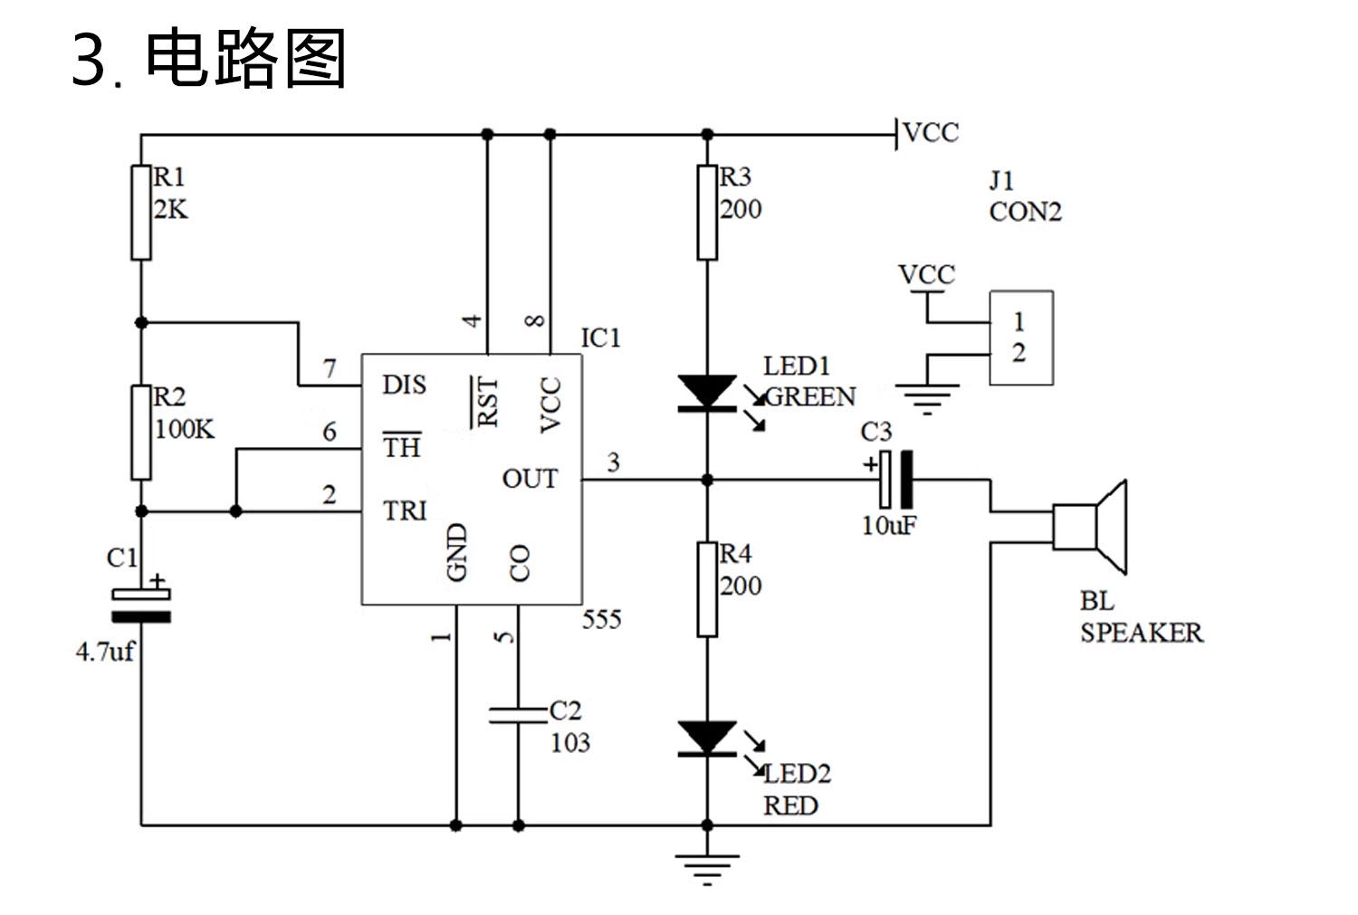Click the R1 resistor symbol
click(x=141, y=213)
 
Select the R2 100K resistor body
click(x=141, y=433)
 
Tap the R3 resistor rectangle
click(x=707, y=213)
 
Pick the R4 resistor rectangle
click(x=707, y=589)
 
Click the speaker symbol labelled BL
click(x=1089, y=527)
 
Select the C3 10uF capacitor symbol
click(x=895, y=480)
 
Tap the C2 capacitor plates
click(x=519, y=716)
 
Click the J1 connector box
click(x=1021, y=338)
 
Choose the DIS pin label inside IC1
click(x=405, y=385)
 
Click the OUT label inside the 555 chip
click(x=530, y=479)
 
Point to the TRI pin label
click(x=405, y=510)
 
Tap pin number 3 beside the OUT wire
click(x=614, y=462)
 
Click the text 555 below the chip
click(x=602, y=619)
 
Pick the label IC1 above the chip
click(x=601, y=338)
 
